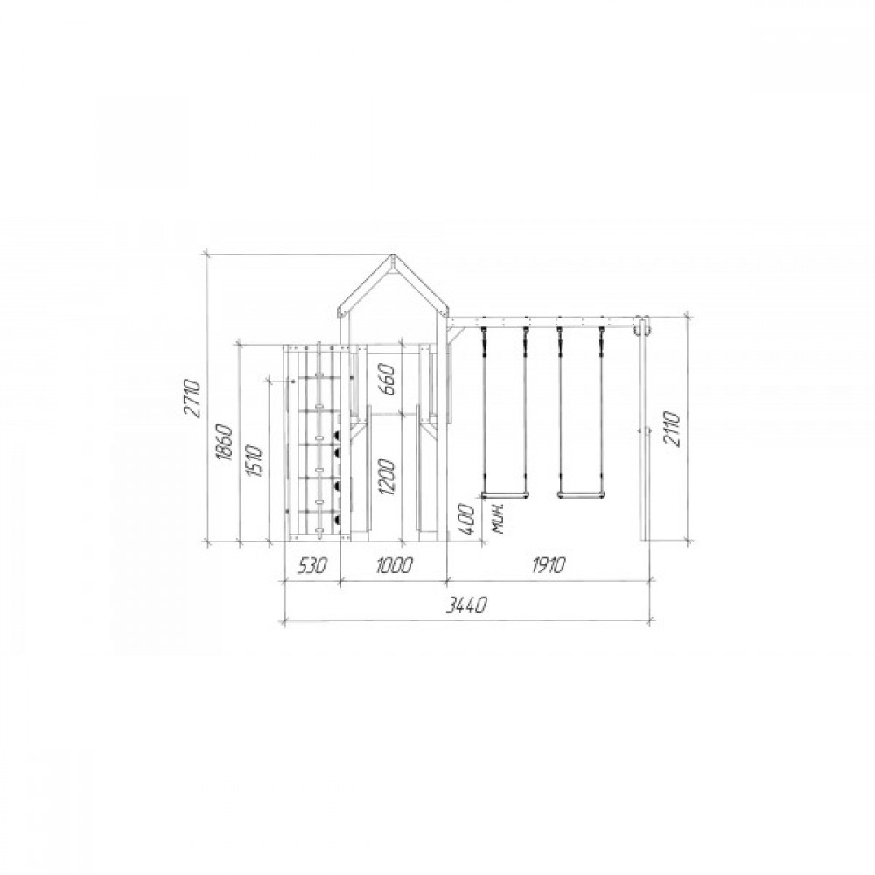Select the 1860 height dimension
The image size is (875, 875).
(224, 442)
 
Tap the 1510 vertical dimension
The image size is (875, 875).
(255, 461)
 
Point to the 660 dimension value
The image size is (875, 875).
(388, 379)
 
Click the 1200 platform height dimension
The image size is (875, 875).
(388, 477)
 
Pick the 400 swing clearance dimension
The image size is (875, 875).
(466, 520)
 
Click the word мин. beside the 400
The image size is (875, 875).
(499, 518)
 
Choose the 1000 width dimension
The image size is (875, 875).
(394, 566)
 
